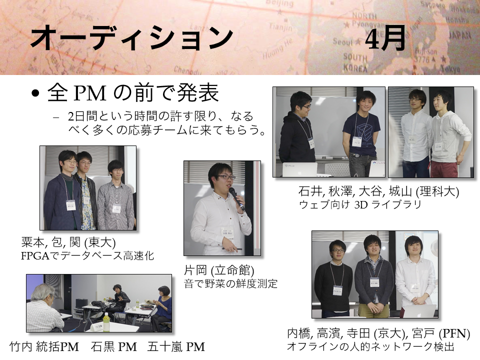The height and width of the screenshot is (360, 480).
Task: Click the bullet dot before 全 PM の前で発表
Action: point(35,93)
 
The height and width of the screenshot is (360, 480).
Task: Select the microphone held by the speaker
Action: point(236,198)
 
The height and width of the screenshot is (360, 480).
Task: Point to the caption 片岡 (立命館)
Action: point(219,270)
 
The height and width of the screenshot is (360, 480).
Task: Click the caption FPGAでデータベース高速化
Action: point(87,255)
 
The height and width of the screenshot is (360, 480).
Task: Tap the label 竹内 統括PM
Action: point(44,347)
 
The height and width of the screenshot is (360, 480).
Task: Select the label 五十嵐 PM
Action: point(176,347)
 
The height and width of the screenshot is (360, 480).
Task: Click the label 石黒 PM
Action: point(114,347)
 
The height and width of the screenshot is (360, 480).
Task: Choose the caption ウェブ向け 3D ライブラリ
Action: point(360,204)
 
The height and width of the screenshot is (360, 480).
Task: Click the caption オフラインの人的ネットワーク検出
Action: point(370,347)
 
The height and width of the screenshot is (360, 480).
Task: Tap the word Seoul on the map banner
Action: point(343,41)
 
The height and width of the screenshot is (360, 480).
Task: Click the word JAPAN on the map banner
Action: point(460,35)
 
